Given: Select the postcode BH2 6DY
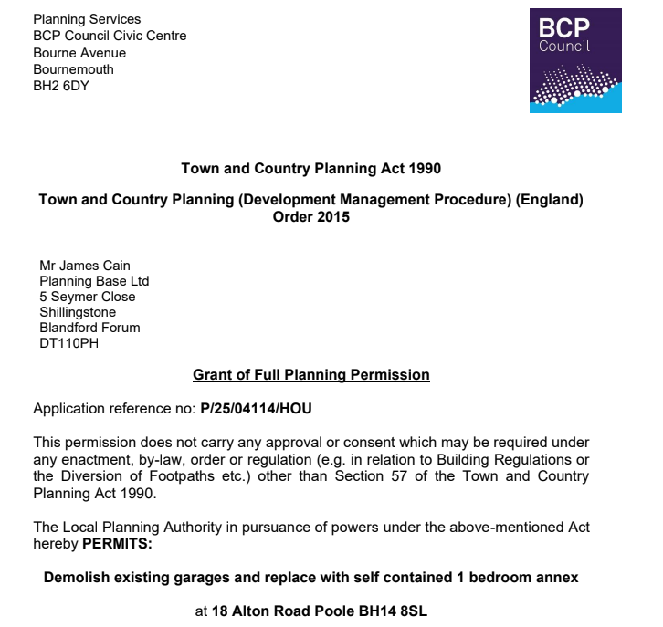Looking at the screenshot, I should (x=61, y=86).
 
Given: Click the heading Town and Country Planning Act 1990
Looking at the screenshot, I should (x=311, y=169).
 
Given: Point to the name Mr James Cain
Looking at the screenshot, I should (x=85, y=266).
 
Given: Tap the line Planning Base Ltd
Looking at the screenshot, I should (x=94, y=281).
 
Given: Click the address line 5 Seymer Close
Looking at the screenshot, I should (x=88, y=297).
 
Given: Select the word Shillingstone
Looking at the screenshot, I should (x=78, y=312).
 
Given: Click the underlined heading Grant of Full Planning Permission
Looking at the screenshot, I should (x=311, y=375).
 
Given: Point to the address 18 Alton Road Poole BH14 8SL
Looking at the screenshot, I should (x=320, y=611).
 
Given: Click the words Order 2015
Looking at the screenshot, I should (x=311, y=217).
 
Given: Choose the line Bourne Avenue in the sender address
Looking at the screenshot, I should (x=79, y=53).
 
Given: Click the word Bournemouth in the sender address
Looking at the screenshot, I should (x=74, y=69).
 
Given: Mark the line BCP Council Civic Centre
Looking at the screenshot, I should (x=110, y=37).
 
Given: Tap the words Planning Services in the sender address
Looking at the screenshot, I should (x=87, y=19).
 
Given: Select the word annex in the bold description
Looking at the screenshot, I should (x=557, y=578).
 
